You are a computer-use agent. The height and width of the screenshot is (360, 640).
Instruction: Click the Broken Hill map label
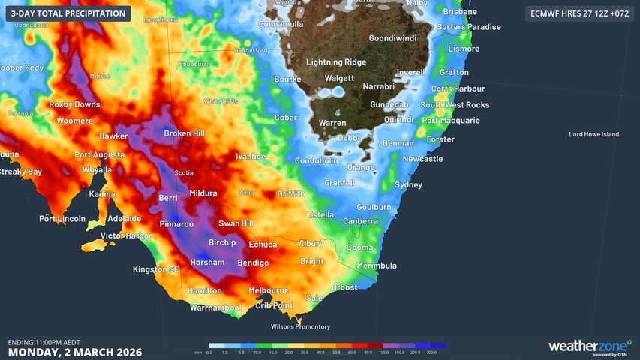pos(185,133)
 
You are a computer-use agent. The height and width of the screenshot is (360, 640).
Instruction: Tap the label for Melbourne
pos(268,290)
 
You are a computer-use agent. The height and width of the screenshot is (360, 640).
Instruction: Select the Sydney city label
pos(408,185)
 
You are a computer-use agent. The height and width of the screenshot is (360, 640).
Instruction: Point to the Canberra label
pos(360,221)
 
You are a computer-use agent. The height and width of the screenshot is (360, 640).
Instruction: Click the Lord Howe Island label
pos(594,134)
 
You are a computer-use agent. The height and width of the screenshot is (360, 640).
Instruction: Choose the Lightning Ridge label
pos(335,62)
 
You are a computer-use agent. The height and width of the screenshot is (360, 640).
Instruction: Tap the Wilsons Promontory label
pos(300,326)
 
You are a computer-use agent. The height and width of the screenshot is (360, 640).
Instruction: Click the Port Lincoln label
pos(62,219)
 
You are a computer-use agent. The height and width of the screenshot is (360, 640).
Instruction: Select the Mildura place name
pos(203,193)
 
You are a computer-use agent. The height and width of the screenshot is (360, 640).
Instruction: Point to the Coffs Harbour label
pos(458,88)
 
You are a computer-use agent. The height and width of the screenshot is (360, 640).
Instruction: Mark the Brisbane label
pos(460,12)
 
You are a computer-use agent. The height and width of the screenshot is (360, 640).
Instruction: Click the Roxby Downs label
pos(74,105)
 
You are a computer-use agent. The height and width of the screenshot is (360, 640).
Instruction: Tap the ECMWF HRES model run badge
pos(578,13)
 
